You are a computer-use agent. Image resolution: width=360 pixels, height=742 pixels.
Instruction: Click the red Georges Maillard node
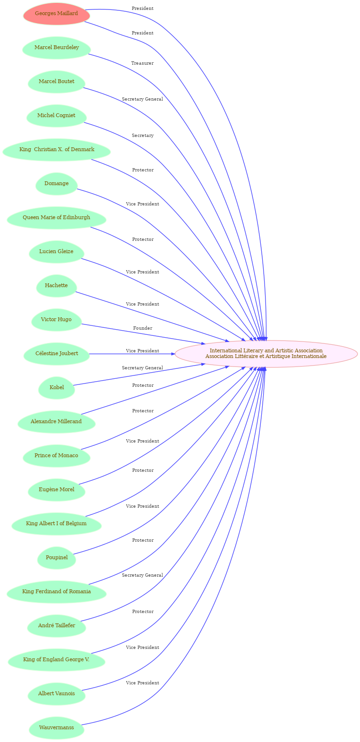pos(56,14)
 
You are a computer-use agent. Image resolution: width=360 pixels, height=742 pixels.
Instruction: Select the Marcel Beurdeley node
pos(56,48)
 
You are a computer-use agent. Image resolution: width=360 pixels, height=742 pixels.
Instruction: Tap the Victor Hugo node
pos(56,320)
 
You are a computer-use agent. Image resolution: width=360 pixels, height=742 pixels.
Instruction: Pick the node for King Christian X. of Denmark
pos(56,150)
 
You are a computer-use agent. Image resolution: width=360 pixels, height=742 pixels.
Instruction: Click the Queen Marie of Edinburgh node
pos(56,218)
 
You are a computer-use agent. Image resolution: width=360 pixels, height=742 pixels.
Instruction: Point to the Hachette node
pos(56,286)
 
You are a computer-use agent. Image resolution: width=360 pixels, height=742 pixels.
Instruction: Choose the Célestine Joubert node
pos(56,354)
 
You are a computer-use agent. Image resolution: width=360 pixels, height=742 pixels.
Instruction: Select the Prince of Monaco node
pos(56,456)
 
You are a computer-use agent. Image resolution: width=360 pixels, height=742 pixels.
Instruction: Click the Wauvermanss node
pos(56,728)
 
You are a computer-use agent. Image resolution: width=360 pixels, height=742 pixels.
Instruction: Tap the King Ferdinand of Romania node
pos(56,592)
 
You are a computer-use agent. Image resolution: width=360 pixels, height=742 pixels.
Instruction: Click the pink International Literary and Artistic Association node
pos(266,354)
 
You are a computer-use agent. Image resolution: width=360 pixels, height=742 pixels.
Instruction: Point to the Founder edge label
pos(143,328)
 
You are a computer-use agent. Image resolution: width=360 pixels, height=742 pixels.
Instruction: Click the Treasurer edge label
pos(142,63)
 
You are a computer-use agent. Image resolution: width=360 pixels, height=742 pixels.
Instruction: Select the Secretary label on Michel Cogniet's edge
pos(143,136)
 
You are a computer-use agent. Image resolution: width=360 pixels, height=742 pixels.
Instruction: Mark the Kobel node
pos(56,388)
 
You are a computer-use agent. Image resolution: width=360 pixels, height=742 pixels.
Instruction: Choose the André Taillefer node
pos(56,626)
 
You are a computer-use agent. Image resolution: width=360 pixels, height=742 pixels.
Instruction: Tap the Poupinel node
pos(56,558)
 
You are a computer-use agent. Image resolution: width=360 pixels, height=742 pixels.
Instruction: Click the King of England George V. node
pos(56,660)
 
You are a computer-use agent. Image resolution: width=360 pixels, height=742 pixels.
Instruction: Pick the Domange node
pos(56,184)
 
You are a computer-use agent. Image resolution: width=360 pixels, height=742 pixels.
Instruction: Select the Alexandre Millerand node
pos(56,422)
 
